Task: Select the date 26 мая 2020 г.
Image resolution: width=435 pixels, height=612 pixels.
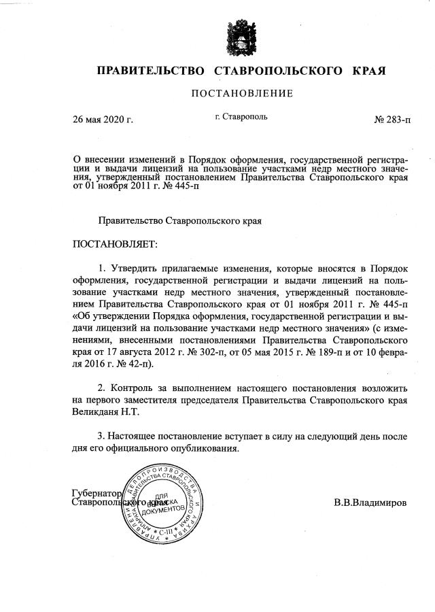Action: pyautogui.click(x=103, y=120)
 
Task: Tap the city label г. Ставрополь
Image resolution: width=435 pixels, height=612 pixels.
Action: pyautogui.click(x=241, y=117)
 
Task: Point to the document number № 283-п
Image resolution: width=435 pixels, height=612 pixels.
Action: pyautogui.click(x=392, y=120)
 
